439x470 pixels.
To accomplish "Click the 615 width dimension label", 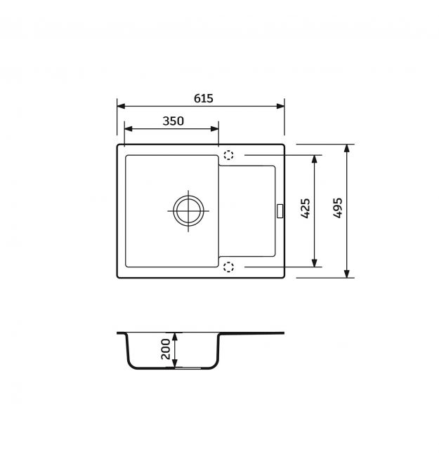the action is point(204,98).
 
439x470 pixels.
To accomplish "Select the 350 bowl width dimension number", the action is point(173,121).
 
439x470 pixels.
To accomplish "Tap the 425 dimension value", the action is point(306,208).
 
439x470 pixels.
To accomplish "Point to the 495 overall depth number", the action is point(338,208).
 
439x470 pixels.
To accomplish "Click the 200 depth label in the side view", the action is point(166,349).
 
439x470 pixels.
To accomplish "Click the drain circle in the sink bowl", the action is point(188,210).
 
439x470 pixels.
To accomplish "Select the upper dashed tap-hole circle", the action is point(228,155).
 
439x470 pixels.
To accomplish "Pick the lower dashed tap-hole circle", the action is point(229,267).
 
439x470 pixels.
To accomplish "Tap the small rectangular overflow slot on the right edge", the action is point(280,210).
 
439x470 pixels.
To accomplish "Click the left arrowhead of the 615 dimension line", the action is point(121,106).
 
